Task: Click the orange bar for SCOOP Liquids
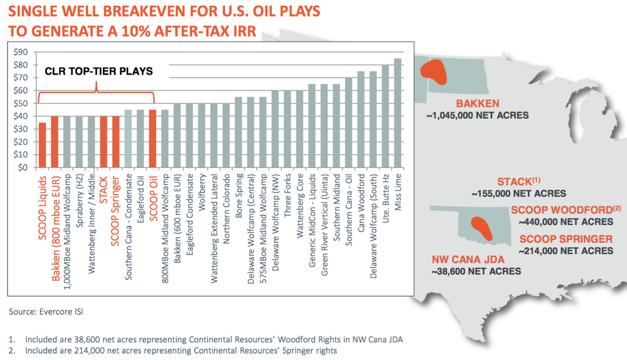(42, 145)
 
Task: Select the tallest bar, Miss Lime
(398, 113)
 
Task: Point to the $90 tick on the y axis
(21, 52)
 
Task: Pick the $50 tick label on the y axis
(21, 103)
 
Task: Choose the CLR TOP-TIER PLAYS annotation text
(98, 71)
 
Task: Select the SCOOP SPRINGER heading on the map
(565, 239)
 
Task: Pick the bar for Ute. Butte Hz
(385, 116)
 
